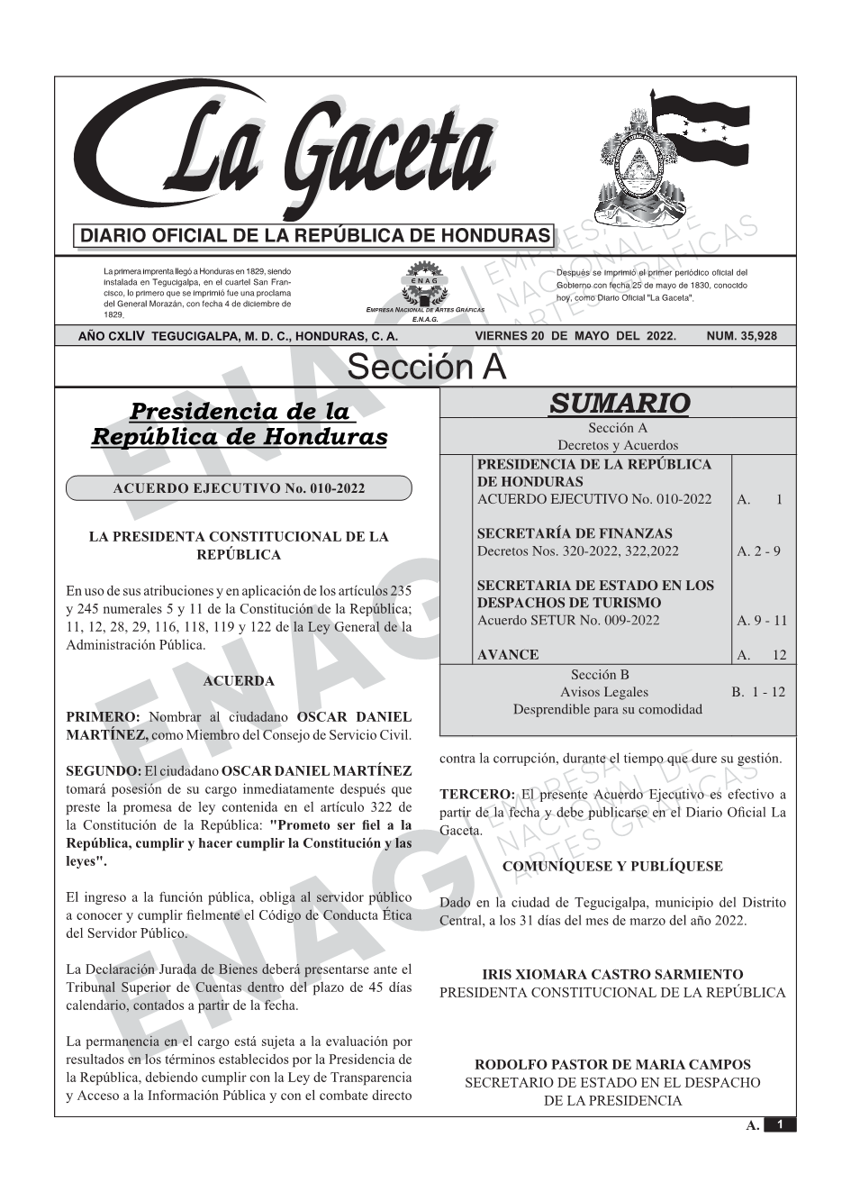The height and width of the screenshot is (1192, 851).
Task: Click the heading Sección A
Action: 426,368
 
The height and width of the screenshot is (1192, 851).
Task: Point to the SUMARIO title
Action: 619,403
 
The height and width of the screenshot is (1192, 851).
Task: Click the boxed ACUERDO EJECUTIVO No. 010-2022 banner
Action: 239,488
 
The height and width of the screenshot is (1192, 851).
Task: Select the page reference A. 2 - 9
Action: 758,551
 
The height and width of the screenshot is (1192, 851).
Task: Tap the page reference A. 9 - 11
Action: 762,620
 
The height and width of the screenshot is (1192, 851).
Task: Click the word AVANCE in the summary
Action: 508,655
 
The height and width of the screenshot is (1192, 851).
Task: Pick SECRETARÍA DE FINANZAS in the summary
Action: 575,533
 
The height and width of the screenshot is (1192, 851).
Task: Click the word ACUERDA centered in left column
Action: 239,681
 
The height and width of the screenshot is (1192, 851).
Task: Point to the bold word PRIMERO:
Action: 103,717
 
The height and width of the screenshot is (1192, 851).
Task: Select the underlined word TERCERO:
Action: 476,795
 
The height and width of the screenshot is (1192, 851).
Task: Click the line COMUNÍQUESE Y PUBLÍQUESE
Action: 612,867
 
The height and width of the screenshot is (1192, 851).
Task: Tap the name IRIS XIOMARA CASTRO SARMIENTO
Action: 612,974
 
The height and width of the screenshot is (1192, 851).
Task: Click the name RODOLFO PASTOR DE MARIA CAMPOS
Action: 612,1064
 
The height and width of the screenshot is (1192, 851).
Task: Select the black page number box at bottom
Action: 780,1124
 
